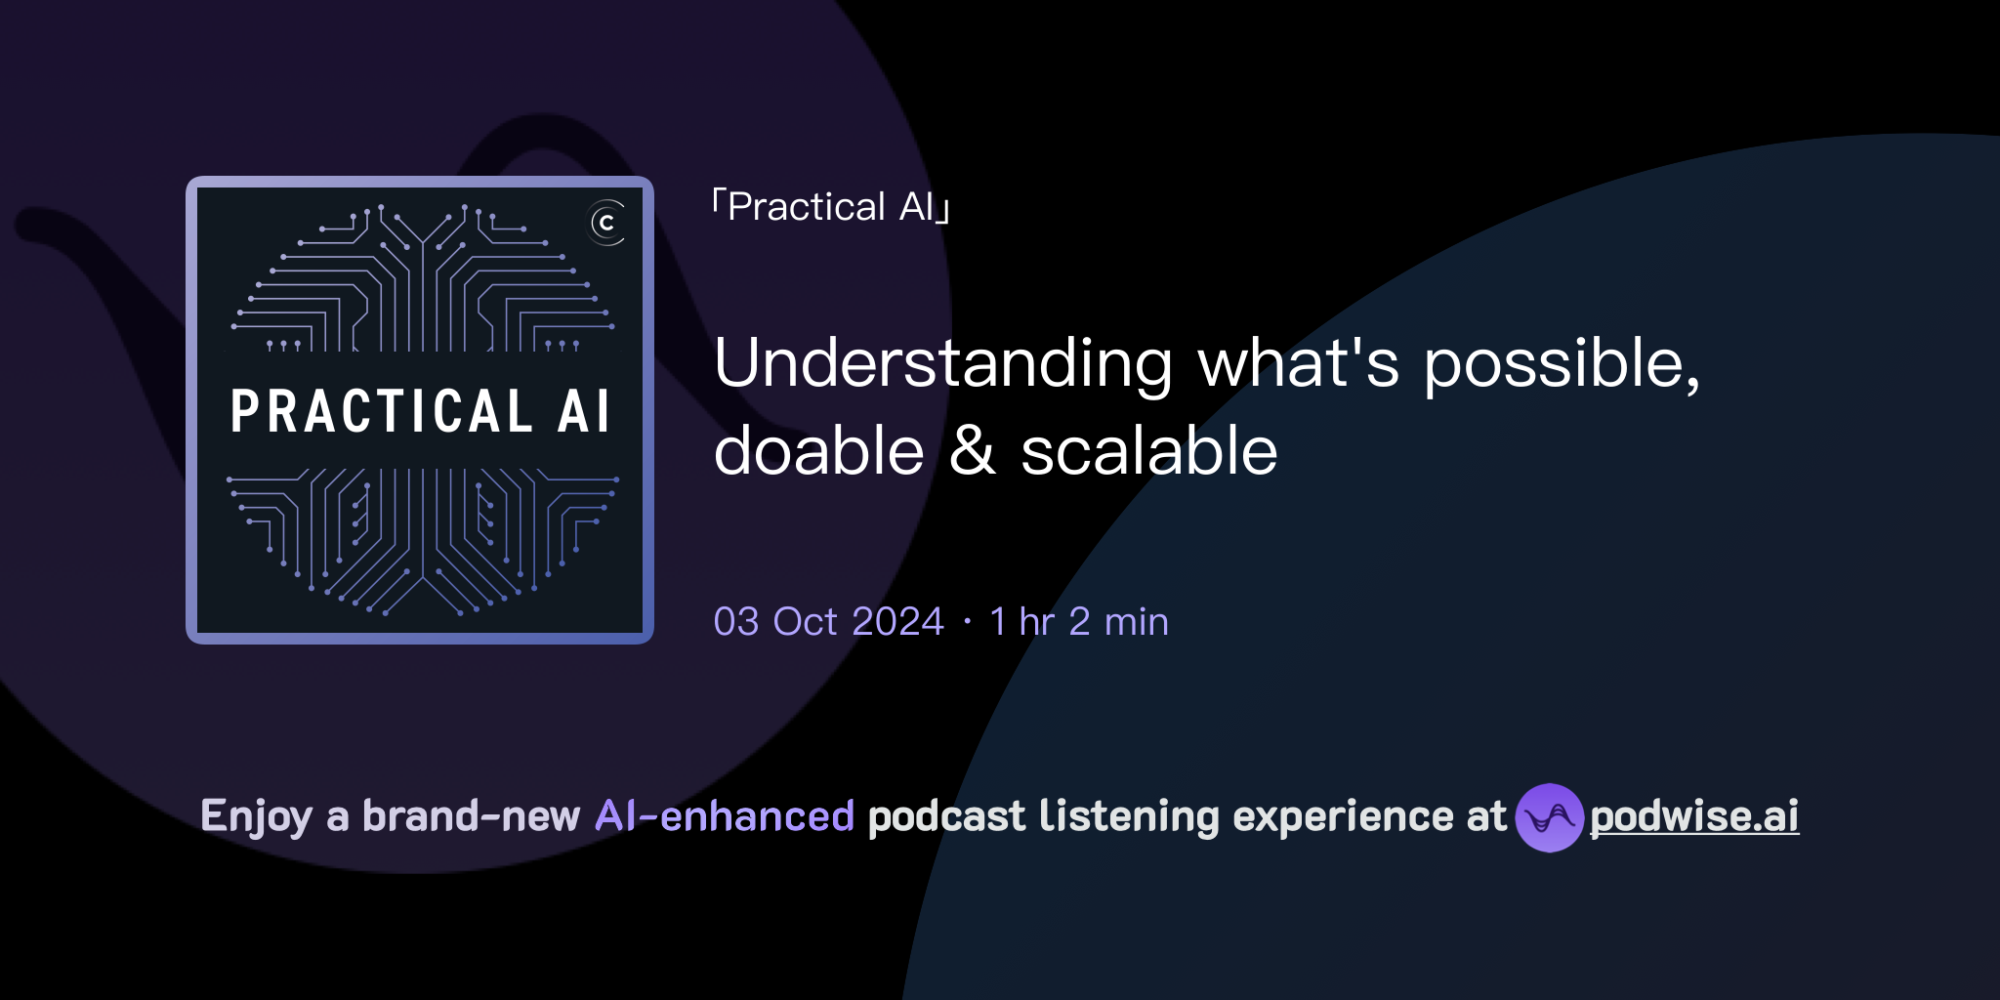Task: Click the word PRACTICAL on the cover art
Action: tap(381, 411)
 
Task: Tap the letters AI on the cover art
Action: tap(584, 411)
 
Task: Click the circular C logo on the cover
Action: tap(606, 223)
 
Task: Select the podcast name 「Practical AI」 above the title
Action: tap(831, 207)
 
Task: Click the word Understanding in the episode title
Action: tap(942, 364)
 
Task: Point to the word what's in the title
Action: tap(1298, 364)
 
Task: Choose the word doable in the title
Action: tap(818, 451)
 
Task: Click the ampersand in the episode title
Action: tap(973, 451)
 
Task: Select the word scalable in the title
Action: tap(1148, 451)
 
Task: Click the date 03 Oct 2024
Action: tap(828, 622)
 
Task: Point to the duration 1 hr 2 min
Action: tap(1078, 622)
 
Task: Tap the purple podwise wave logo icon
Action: tap(1549, 817)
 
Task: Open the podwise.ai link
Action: tap(1693, 817)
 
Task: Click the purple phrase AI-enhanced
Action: tap(725, 816)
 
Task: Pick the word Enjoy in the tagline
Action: tap(256, 817)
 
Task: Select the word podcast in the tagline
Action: tap(946, 816)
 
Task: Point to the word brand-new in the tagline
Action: tap(471, 816)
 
